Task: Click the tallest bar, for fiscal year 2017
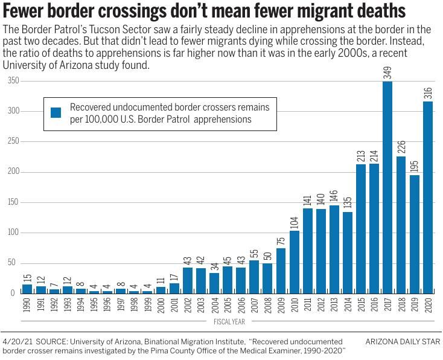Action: coord(388,187)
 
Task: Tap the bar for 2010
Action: coord(294,262)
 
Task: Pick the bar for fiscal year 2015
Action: coord(361,228)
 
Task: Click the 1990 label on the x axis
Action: coord(27,305)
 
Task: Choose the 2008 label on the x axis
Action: coord(267,305)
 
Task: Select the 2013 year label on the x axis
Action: coord(334,305)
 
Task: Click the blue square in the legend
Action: coord(56,113)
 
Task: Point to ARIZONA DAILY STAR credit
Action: coord(403,342)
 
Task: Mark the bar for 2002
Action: coord(187,280)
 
